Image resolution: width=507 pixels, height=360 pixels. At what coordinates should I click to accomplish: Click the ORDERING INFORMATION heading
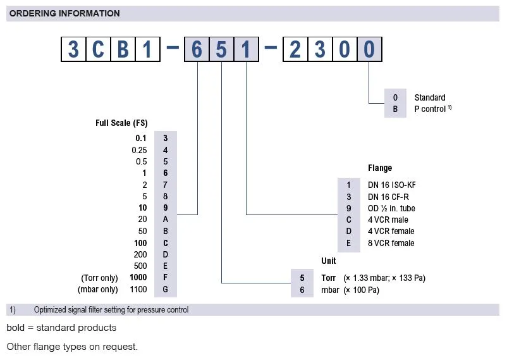coord(64,13)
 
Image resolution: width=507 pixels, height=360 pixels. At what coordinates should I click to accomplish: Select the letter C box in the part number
coord(98,50)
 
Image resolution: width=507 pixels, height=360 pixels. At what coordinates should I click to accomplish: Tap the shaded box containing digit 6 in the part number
coord(197,50)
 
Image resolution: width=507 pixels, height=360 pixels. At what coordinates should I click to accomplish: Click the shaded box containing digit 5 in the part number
coord(221,50)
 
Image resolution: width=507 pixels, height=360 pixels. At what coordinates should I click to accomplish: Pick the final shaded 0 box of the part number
coord(369,50)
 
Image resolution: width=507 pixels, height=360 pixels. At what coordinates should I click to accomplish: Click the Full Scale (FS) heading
coord(121,123)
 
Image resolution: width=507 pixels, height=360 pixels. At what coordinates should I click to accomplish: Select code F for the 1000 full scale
coord(166,278)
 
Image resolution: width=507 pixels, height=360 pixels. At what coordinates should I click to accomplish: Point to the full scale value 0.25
coord(139,150)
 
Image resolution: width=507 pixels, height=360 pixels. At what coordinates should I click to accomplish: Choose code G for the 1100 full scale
coord(166,290)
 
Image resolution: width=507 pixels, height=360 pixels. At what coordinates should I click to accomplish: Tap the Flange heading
coord(380,168)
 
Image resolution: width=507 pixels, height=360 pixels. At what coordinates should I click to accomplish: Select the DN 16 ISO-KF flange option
coord(392,185)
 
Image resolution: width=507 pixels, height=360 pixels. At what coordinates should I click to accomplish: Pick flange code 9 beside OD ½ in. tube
coord(348,208)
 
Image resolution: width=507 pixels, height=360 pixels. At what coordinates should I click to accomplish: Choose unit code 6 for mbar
coord(302,290)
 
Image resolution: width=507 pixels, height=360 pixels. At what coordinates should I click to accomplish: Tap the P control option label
coord(431,109)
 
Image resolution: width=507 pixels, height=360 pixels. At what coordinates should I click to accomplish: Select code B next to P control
coord(395,109)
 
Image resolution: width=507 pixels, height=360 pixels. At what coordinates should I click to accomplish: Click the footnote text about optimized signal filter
coord(111,310)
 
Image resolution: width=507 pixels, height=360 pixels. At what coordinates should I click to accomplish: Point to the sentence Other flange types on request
coord(72,347)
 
